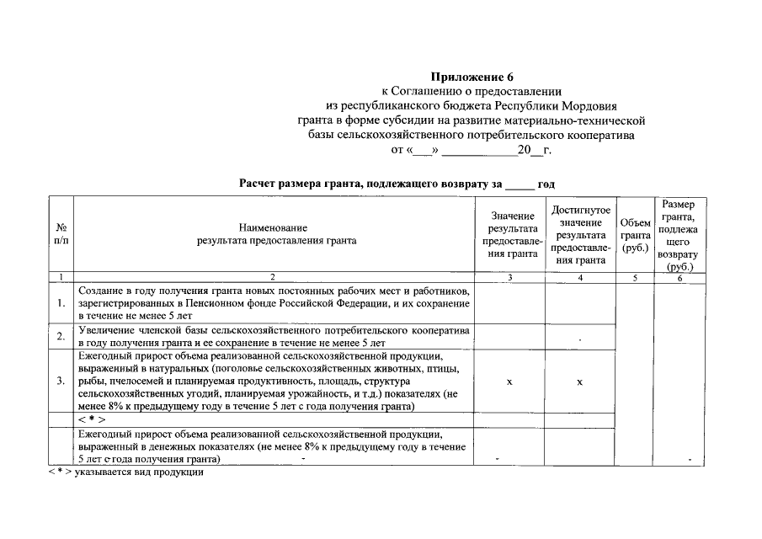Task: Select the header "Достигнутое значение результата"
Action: (580, 233)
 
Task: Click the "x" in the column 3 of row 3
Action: (509, 382)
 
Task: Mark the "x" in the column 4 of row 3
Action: (580, 382)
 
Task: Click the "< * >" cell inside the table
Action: (91, 419)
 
